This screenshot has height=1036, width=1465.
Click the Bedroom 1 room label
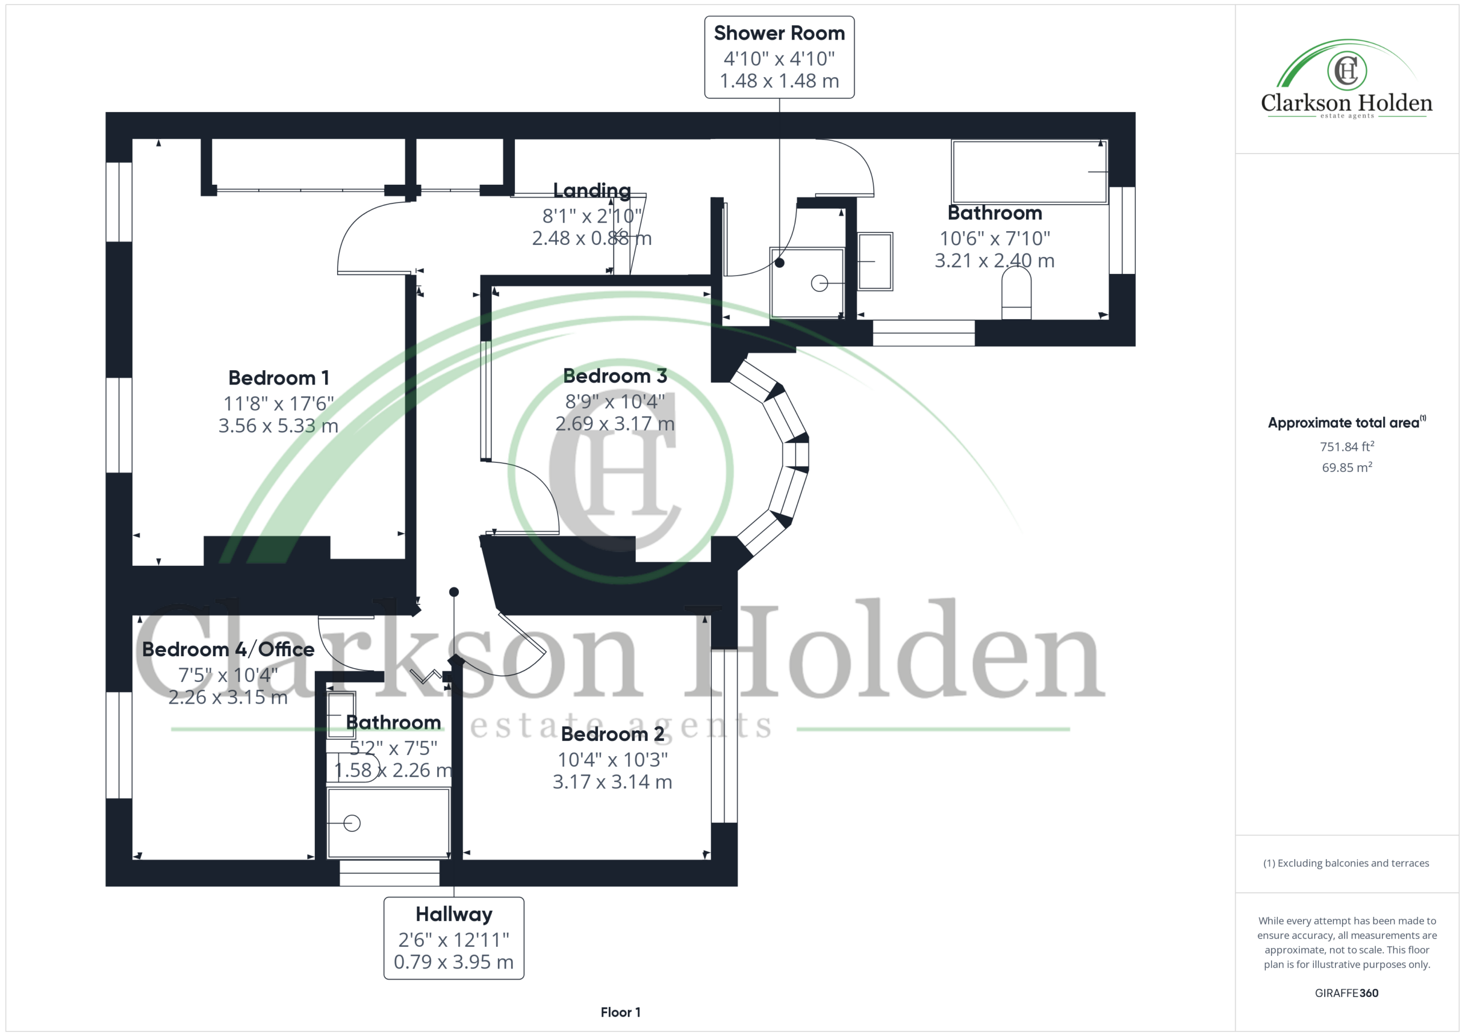click(x=279, y=378)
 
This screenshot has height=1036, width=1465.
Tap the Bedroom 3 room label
click(x=615, y=376)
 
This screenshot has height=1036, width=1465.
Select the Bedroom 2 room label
click(x=612, y=735)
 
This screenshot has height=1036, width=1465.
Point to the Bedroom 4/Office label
click(x=228, y=649)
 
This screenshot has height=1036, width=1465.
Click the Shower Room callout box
click(x=779, y=57)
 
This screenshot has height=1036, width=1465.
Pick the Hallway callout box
click(x=454, y=938)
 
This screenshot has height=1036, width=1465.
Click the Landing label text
click(x=592, y=190)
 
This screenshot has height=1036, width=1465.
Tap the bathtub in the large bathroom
click(x=1029, y=172)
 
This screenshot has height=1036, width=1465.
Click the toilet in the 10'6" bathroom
click(x=1016, y=292)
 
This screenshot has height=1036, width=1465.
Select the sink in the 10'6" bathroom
click(x=875, y=261)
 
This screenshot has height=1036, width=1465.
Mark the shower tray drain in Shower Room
click(x=819, y=283)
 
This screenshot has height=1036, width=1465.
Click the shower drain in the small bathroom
click(x=351, y=824)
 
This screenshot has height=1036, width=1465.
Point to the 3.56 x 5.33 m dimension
click(x=278, y=426)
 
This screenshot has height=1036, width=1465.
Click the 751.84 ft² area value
click(x=1347, y=447)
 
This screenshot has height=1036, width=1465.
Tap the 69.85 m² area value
click(x=1347, y=467)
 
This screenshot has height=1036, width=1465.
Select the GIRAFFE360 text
click(x=1347, y=993)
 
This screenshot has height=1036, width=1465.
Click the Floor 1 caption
click(x=620, y=1013)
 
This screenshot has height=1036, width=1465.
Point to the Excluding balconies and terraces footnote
click(x=1347, y=863)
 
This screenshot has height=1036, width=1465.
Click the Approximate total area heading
click(x=1347, y=422)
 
